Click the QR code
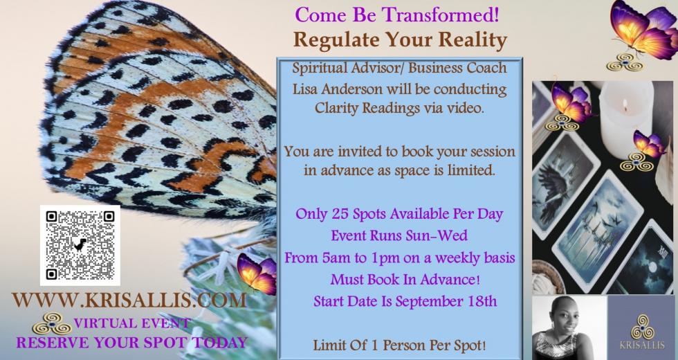click(80, 245)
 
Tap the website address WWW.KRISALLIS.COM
click(129, 300)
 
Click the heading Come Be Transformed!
click(397, 15)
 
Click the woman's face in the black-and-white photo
click(561, 318)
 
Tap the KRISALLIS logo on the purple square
click(642, 332)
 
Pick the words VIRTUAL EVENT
click(132, 323)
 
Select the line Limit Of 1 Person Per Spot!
click(399, 345)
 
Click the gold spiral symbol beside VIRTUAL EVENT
click(52, 324)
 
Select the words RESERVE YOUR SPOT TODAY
click(132, 342)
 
